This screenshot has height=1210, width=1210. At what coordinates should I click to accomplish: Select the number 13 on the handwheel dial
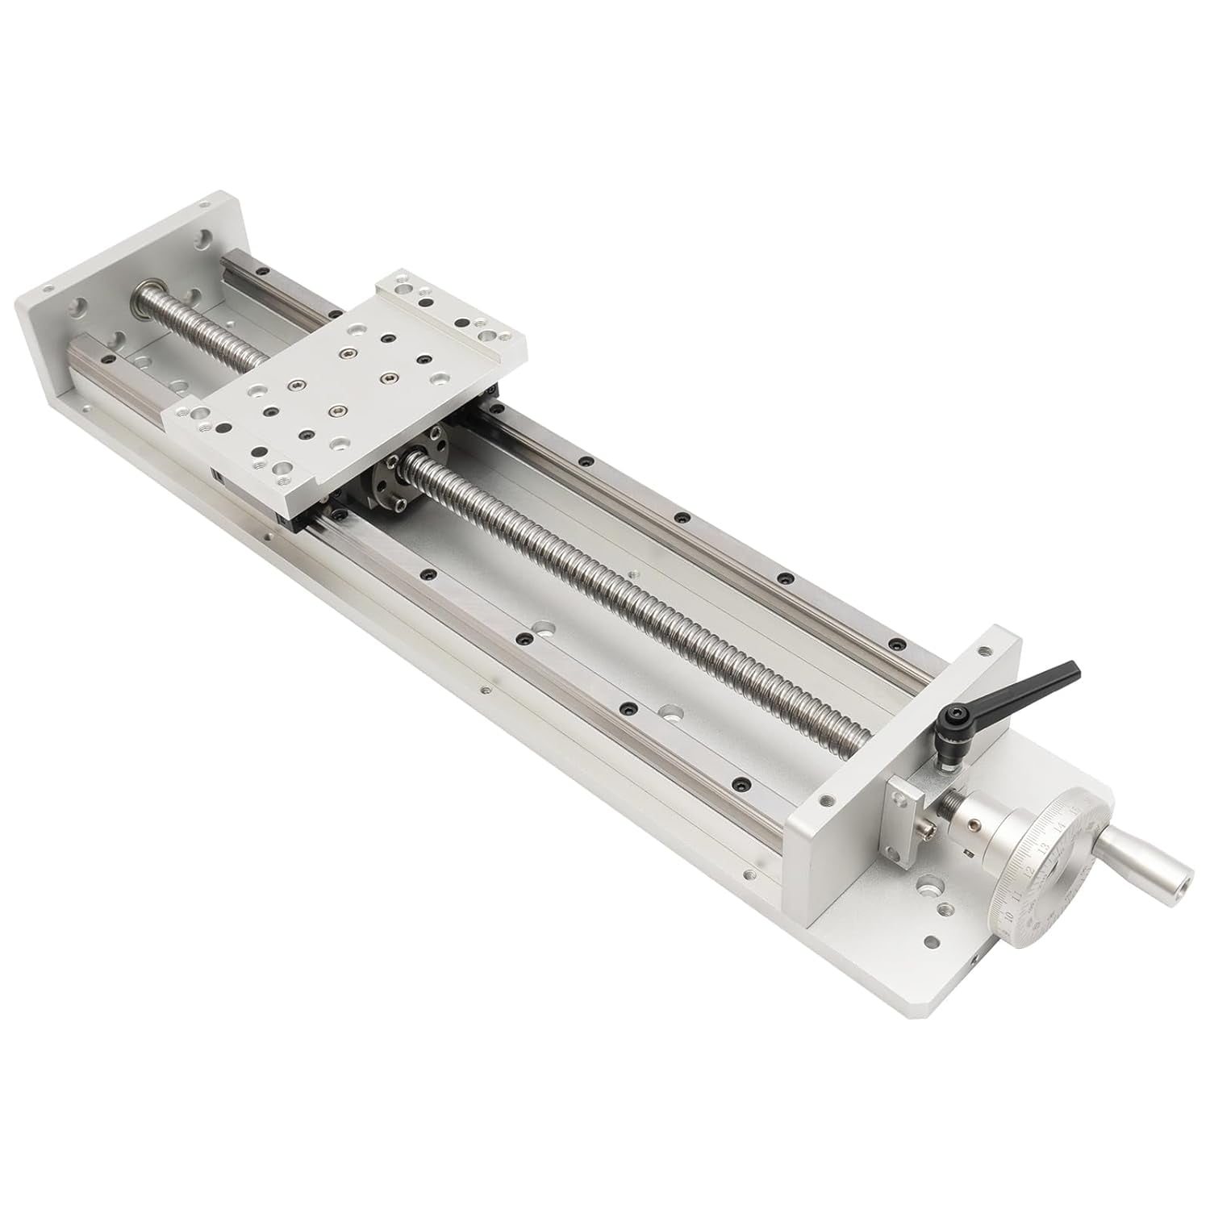tap(1045, 848)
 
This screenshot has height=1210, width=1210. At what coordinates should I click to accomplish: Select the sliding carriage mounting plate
tap(347, 379)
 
